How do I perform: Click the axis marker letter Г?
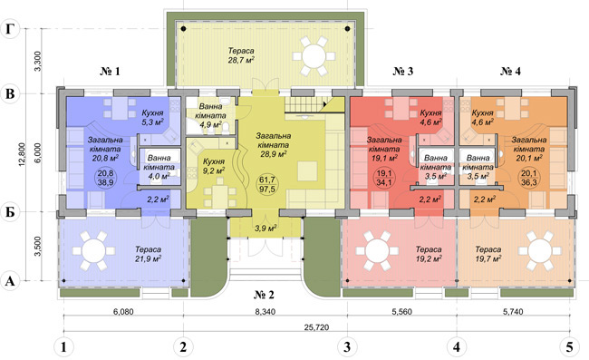point(11,28)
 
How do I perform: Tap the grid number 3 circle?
point(347,346)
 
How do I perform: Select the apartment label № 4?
point(510,71)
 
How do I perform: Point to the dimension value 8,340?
point(265,312)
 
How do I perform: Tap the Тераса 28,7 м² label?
point(241,55)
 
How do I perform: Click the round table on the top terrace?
point(314,56)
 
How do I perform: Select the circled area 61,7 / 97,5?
point(266,184)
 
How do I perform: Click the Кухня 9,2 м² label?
point(213,166)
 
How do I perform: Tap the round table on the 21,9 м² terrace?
point(94,251)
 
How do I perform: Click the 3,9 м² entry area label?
point(266,229)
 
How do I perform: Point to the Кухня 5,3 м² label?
point(152,117)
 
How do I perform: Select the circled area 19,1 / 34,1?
point(384,178)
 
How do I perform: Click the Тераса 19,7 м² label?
point(488,254)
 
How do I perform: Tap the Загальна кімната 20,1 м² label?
point(529,149)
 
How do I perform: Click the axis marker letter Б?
point(11,212)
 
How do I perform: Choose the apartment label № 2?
point(264,294)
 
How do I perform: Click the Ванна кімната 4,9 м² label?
point(211,115)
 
